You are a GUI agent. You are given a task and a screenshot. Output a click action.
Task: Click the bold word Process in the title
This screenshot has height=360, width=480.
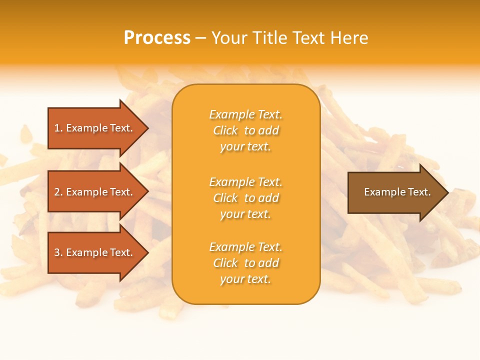(x=157, y=38)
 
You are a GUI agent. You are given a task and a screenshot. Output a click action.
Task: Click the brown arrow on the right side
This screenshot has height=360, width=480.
(x=395, y=192)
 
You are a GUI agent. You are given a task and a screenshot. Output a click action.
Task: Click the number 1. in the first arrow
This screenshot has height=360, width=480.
(x=58, y=128)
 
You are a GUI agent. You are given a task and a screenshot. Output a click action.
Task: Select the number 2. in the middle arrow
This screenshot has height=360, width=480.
(x=58, y=192)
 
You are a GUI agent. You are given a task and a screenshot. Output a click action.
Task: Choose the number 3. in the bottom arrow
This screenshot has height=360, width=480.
(x=58, y=252)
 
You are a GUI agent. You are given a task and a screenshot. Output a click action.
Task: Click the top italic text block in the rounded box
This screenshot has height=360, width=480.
(x=245, y=130)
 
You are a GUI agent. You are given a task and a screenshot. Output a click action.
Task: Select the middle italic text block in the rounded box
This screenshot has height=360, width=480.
(x=245, y=198)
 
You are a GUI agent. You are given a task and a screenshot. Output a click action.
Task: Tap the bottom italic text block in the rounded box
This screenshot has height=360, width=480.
(x=245, y=263)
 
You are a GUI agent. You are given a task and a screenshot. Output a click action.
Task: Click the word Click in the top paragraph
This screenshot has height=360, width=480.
(x=225, y=130)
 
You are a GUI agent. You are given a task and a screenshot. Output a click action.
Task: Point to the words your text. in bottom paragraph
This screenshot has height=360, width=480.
(x=245, y=279)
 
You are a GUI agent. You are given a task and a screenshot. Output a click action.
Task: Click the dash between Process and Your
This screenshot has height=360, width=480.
(x=200, y=38)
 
